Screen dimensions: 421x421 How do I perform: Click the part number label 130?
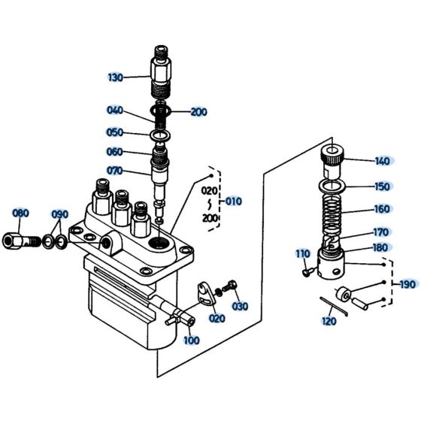[x=115, y=77]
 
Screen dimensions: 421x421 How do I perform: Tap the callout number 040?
[x=114, y=111]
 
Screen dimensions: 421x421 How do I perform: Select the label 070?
[x=114, y=171]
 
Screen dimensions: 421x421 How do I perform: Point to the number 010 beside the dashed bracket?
[x=234, y=201]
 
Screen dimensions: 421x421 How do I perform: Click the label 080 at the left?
[x=20, y=214]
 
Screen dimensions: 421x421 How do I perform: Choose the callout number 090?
[x=61, y=214]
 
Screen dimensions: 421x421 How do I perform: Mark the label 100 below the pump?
[x=191, y=341]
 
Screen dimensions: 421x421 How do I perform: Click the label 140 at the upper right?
[x=383, y=161]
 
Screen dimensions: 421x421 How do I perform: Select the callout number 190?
[x=407, y=284]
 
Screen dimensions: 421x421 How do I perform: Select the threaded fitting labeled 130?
[x=162, y=71]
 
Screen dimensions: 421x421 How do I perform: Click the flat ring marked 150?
[x=332, y=185]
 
